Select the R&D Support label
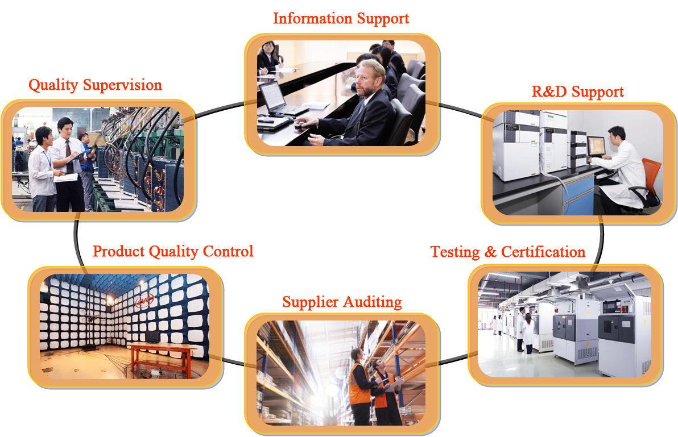tap(578, 91)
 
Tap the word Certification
tap(543, 252)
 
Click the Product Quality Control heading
tap(173, 251)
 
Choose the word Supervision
tap(122, 85)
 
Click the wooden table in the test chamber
tap(162, 359)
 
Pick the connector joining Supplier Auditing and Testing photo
tap(453, 360)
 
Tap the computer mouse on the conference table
tap(299, 126)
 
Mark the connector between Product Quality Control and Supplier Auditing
tap(234, 362)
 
